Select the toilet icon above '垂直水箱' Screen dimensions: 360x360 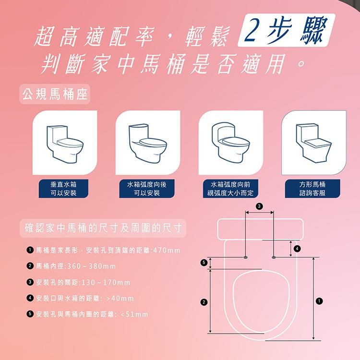tap(64, 143)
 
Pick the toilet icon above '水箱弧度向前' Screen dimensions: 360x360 tap(230, 143)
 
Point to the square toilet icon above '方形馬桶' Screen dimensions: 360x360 tap(313, 143)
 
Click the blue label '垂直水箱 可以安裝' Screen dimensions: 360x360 tap(64, 189)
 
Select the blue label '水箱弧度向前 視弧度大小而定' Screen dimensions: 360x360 tap(230, 189)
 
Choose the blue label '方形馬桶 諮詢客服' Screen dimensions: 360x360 tap(313, 189)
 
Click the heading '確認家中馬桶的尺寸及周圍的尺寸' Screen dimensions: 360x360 tap(104, 227)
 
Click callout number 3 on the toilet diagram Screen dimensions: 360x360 tap(260, 206)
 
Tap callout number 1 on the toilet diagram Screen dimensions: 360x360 tap(320, 301)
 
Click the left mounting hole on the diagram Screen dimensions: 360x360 tap(246, 257)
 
